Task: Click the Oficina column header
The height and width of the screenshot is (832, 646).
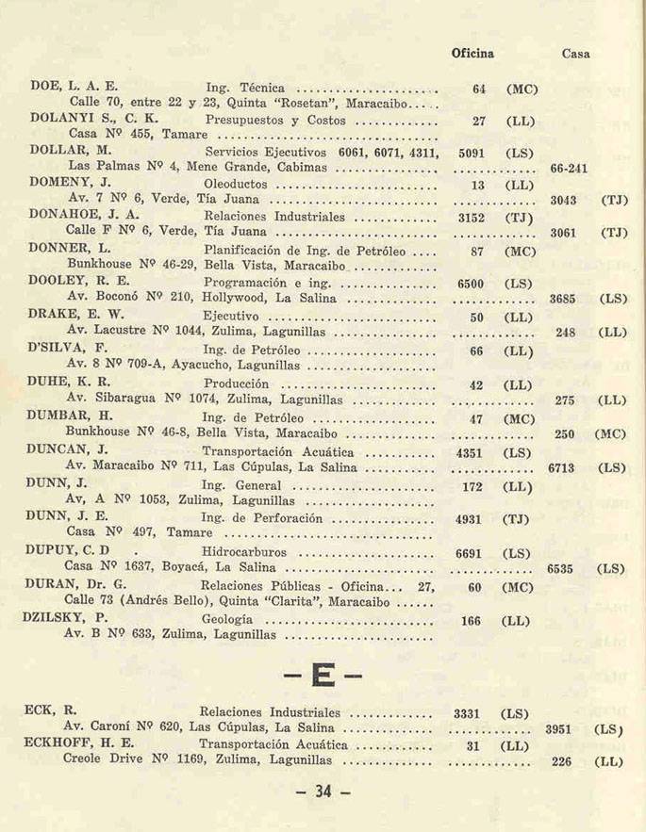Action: tap(472, 54)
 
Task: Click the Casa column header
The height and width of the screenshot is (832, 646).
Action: tap(575, 54)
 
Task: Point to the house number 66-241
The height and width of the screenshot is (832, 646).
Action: tap(569, 168)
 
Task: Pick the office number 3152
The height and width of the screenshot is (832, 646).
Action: tap(471, 216)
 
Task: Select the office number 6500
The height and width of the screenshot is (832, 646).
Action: tap(471, 283)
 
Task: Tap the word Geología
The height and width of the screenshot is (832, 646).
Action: tap(227, 618)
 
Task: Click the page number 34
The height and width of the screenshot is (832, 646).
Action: tap(323, 793)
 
